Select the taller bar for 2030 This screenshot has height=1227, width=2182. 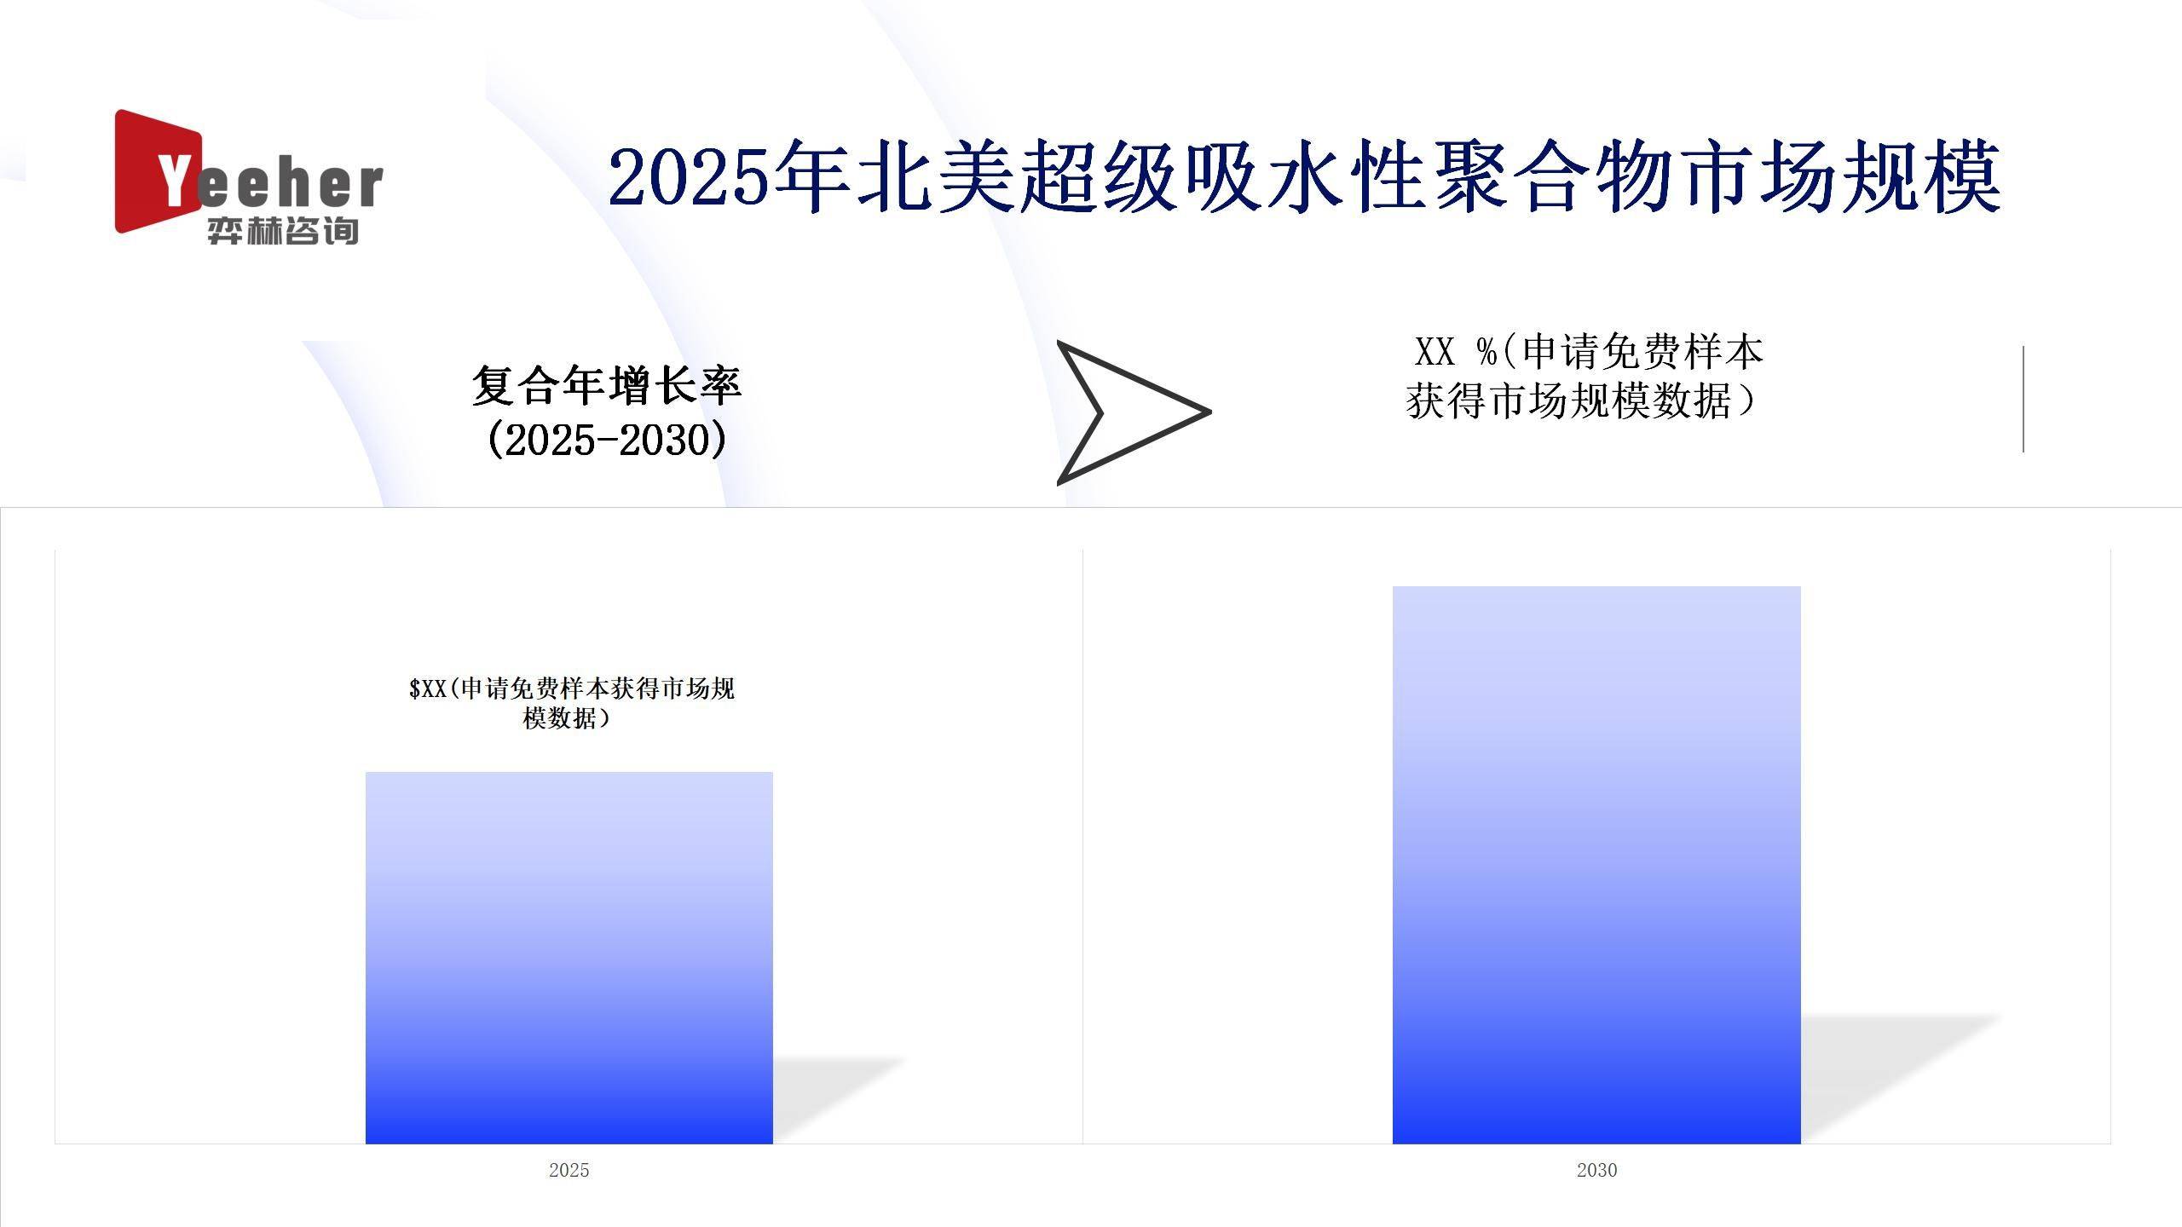[x=1596, y=864]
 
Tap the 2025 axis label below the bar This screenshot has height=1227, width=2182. [x=569, y=1170]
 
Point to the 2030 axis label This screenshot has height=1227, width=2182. [x=1596, y=1170]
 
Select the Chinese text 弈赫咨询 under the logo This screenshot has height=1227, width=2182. [x=282, y=231]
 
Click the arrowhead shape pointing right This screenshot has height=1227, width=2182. [x=1125, y=413]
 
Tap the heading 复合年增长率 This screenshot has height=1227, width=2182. [x=606, y=385]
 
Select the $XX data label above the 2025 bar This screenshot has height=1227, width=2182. [x=570, y=702]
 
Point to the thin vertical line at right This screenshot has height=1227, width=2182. [x=2023, y=399]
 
